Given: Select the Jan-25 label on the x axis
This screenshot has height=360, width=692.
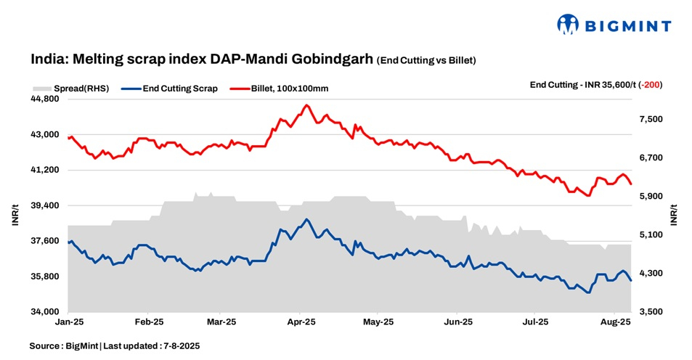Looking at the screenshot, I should (x=68, y=321).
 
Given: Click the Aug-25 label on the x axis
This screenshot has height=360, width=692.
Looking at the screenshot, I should (x=615, y=321).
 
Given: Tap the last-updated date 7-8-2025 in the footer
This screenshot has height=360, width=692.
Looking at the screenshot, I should (x=178, y=346).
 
